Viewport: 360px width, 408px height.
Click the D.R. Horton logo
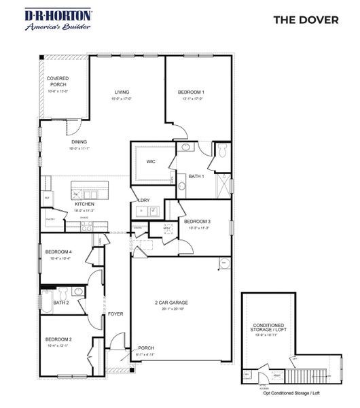point(50,20)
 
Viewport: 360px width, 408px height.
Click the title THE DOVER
point(305,20)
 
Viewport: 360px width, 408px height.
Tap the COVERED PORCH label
point(58,82)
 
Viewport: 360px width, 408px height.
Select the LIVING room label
point(122,92)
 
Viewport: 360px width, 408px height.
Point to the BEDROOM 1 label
point(191,92)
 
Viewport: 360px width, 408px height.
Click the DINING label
point(79,141)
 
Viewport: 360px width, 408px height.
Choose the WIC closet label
point(151,161)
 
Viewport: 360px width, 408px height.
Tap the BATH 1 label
point(197,177)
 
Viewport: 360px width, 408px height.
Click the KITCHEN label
point(84,204)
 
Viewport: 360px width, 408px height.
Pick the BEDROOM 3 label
point(198,222)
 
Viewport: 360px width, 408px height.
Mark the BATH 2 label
point(61,303)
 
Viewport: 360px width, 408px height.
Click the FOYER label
point(115,314)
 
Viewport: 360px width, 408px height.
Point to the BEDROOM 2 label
point(58,339)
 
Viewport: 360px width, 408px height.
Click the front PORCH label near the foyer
point(147,347)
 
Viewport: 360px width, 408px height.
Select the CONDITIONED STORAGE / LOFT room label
point(268,329)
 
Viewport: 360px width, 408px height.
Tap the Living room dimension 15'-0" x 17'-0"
point(122,99)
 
